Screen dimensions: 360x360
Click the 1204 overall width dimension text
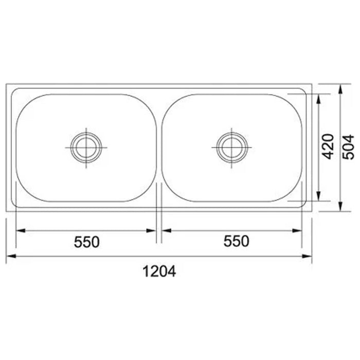tap(159, 271)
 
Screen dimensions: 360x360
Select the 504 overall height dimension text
tap(348, 147)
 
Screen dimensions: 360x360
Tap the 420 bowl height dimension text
tap(328, 147)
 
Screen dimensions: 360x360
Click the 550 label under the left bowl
tap(86, 242)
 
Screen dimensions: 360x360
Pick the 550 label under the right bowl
tap(236, 241)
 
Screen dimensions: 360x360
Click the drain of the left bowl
tap(86, 148)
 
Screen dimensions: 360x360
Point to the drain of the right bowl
tap(232, 148)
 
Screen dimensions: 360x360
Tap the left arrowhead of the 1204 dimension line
tap(11, 256)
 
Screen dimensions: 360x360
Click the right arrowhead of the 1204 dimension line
tap(307, 256)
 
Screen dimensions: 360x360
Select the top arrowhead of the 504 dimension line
tap(341, 89)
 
